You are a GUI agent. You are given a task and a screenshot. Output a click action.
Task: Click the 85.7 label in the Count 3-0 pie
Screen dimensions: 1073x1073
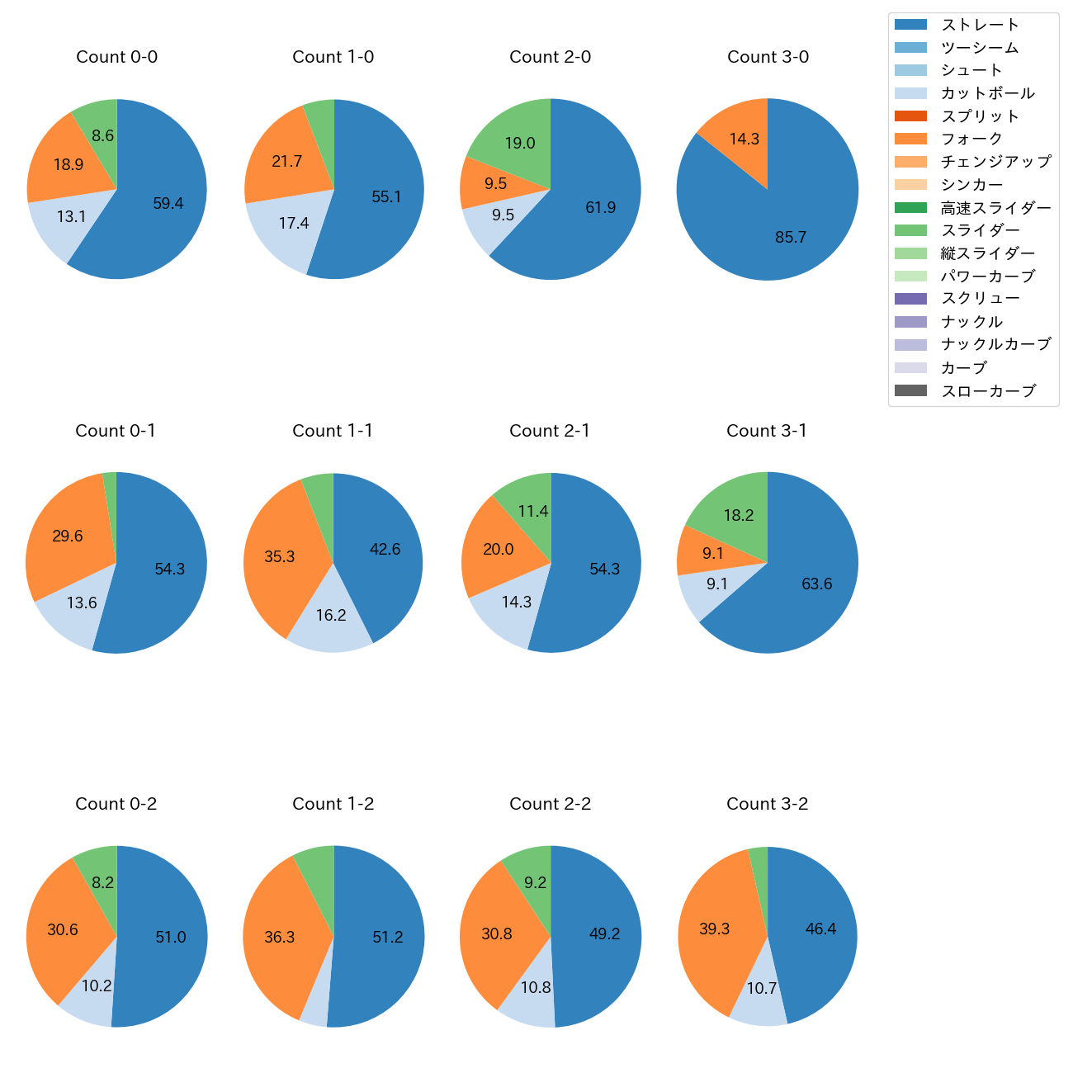(790, 238)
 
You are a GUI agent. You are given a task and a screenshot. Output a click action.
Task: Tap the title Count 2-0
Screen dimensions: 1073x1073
(550, 57)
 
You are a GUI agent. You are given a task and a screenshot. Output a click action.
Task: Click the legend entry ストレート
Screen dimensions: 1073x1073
(980, 25)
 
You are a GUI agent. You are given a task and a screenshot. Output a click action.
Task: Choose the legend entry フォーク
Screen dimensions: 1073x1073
(971, 139)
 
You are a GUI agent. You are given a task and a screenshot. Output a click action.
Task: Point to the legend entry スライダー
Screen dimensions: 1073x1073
(980, 230)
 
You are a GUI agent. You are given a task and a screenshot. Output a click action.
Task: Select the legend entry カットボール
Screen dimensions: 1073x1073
(987, 93)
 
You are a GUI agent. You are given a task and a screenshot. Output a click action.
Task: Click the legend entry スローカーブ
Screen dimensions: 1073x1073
(987, 391)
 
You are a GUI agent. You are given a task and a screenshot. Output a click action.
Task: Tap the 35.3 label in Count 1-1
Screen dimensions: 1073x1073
(280, 557)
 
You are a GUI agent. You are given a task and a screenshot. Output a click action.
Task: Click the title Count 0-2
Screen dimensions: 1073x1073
(116, 804)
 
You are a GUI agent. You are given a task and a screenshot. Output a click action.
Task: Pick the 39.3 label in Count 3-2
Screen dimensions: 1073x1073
(715, 929)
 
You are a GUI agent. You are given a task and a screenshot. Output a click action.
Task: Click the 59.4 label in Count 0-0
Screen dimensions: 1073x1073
(168, 204)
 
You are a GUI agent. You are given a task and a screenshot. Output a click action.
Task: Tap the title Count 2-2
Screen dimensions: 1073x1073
(550, 804)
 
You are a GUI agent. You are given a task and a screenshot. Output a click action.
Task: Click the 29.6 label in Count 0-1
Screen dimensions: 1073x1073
(68, 536)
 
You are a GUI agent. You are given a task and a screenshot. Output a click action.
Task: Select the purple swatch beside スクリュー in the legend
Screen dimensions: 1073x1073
(910, 299)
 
